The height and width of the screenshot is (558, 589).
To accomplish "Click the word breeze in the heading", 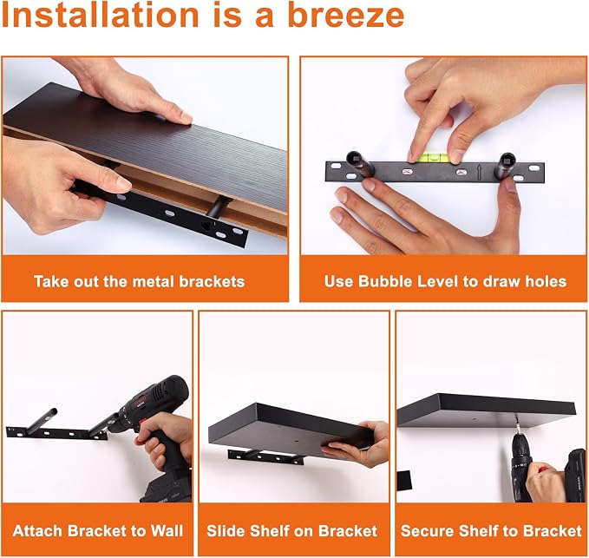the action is point(346,16).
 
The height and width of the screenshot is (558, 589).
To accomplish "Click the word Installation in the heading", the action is point(100,16).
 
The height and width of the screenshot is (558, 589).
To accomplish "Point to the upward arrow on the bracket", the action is point(480,173).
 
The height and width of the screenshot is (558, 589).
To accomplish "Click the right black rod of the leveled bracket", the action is point(507,166).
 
